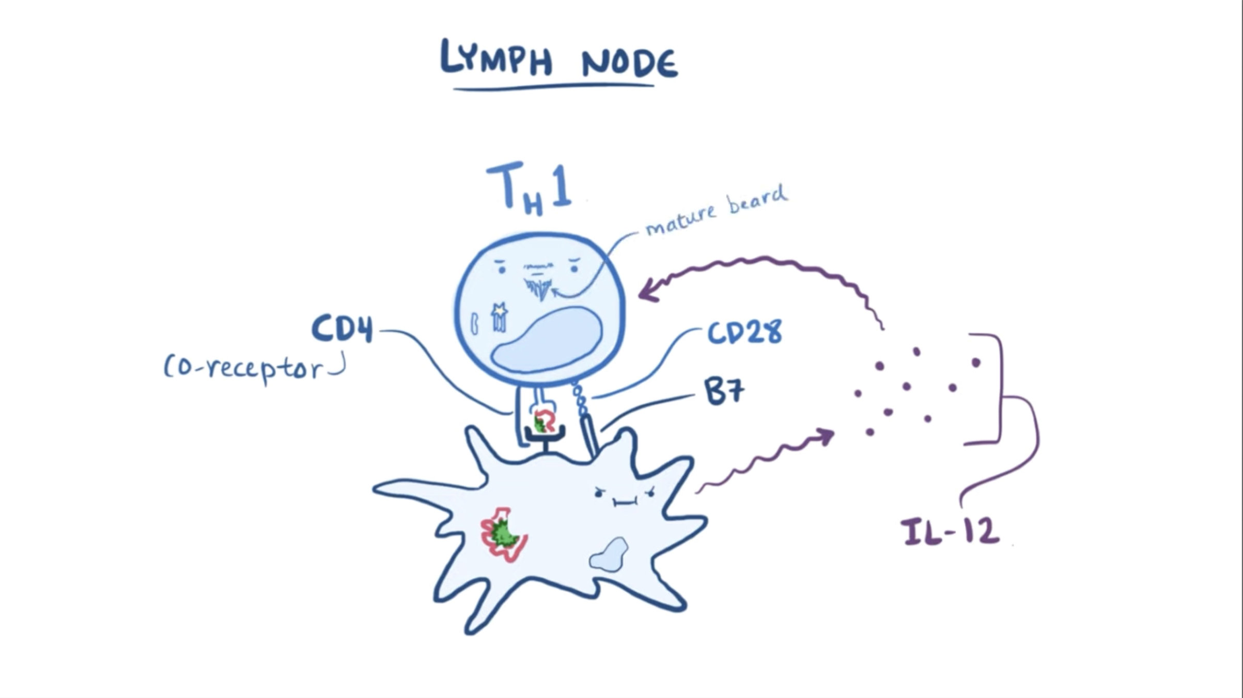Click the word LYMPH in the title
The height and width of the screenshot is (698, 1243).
click(496, 58)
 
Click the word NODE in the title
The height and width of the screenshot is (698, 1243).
click(629, 63)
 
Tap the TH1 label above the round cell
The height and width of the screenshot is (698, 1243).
click(529, 188)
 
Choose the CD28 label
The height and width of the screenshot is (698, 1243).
click(744, 333)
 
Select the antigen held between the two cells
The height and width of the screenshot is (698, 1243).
click(543, 421)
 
